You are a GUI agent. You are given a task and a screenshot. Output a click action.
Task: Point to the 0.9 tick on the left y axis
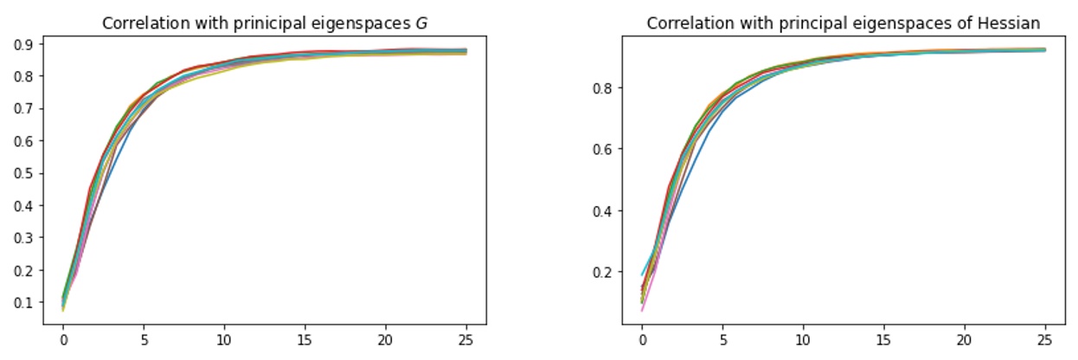pyautogui.click(x=24, y=44)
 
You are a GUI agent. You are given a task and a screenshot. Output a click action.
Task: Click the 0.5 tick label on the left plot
pyautogui.click(x=24, y=173)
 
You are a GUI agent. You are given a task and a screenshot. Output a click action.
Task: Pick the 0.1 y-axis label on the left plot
pyautogui.click(x=24, y=303)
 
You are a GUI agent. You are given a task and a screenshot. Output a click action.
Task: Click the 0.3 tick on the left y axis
pyautogui.click(x=24, y=238)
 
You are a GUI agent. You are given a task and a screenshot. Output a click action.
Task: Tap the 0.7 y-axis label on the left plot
pyautogui.click(x=24, y=109)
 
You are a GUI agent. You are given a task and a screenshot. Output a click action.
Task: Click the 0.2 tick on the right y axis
pyautogui.click(x=602, y=273)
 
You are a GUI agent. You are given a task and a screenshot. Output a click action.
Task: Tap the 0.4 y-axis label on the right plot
pyautogui.click(x=602, y=211)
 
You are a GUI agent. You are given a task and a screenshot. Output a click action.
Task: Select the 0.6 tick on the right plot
pyautogui.click(x=602, y=150)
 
